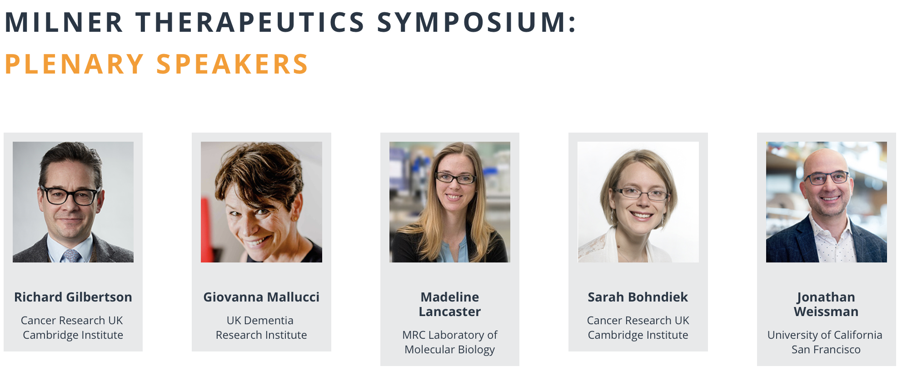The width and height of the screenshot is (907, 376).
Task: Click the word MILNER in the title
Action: click(64, 22)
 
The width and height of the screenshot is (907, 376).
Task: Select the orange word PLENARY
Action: click(75, 64)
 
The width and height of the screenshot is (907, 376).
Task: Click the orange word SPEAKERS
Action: click(232, 64)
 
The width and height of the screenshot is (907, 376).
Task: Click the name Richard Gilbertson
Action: click(73, 297)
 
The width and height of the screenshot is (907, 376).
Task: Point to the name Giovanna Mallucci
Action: click(261, 297)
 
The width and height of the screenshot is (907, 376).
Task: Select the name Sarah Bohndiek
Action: click(638, 297)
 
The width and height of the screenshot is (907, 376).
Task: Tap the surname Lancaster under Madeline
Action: click(450, 312)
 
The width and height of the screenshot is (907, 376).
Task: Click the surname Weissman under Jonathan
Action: click(826, 312)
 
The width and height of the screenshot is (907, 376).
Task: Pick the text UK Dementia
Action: click(260, 320)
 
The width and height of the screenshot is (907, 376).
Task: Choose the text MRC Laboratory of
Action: click(450, 335)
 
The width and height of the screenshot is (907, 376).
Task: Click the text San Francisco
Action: click(826, 349)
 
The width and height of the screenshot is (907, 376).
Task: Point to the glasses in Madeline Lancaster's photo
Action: click(455, 178)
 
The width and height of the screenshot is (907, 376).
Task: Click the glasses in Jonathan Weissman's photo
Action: click(827, 178)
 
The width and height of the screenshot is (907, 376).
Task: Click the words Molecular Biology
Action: click(450, 349)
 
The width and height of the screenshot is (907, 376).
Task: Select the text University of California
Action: click(825, 335)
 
